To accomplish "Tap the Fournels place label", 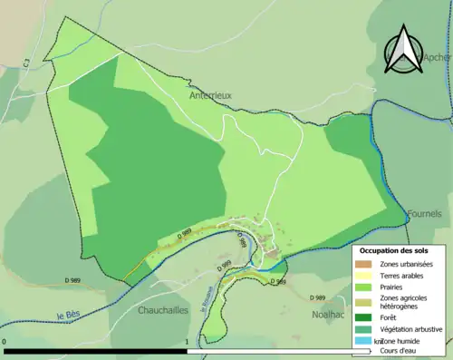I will point(425,213).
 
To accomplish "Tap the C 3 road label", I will point(27,63).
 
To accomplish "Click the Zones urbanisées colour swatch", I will point(364,263).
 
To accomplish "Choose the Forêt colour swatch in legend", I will point(364,317).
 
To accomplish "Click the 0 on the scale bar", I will point(5,342).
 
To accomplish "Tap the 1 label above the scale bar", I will point(187,342).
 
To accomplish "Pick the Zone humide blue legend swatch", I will point(364,341).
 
